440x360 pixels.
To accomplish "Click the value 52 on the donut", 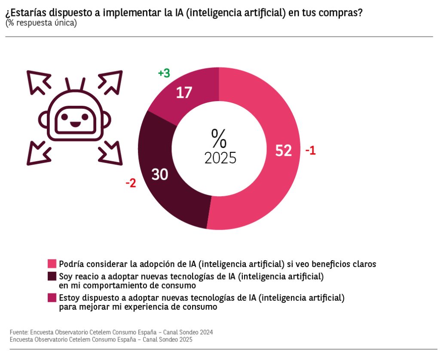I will (x=283, y=151).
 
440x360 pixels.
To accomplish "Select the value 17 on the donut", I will (x=183, y=92).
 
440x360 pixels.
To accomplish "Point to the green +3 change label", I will (x=164, y=74).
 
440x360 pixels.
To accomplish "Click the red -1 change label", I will (x=311, y=151).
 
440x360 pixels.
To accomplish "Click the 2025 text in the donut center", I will (x=220, y=158).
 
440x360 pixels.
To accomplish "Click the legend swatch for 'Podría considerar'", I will (x=52, y=263).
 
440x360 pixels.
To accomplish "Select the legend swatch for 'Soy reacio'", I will (x=52, y=276).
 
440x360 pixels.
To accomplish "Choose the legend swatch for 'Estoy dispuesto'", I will (x=52, y=297).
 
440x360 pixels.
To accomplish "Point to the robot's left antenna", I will (x=68, y=84).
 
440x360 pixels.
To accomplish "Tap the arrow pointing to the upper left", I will (x=38, y=82).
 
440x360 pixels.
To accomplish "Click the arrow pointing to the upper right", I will (x=111, y=81).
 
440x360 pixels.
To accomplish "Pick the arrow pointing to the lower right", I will (x=111, y=154).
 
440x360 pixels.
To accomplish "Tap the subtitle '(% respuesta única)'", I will (x=41, y=23).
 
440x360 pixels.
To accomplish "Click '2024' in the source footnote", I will (x=206, y=332).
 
